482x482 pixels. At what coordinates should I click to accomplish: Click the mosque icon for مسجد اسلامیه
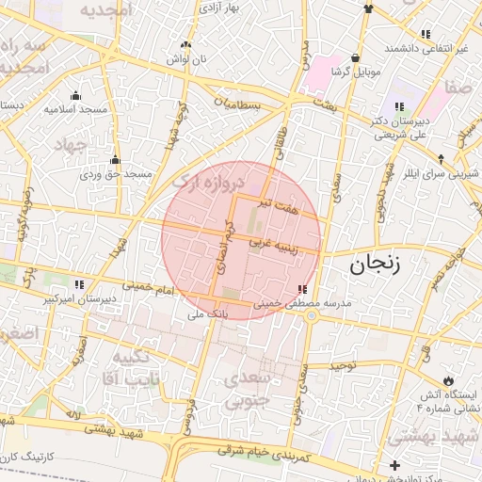click(x=75, y=95)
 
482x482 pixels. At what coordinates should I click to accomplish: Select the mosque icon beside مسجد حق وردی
click(x=115, y=160)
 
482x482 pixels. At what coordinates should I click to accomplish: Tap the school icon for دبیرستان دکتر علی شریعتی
click(x=399, y=106)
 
